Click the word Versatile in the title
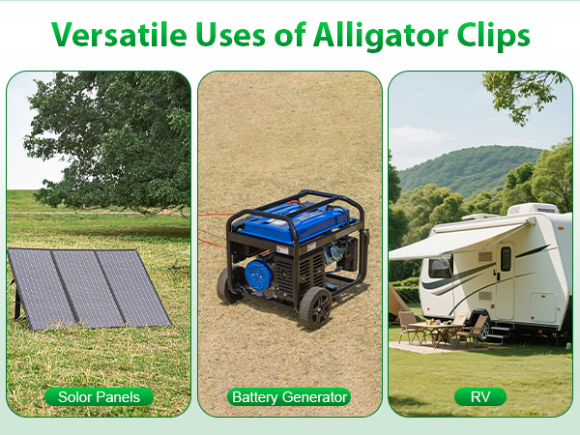(x=119, y=35)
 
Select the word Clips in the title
(x=493, y=35)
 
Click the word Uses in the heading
(x=230, y=35)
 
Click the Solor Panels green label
(x=99, y=397)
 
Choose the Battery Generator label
(x=289, y=397)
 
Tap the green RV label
(x=480, y=397)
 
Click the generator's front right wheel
(x=315, y=308)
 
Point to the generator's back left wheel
(x=226, y=284)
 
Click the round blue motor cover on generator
(x=258, y=275)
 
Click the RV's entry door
(x=506, y=280)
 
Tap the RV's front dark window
(x=440, y=267)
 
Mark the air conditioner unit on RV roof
(x=532, y=209)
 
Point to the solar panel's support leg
(x=16, y=303)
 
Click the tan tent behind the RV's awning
(x=397, y=304)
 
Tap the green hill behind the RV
(x=470, y=166)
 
